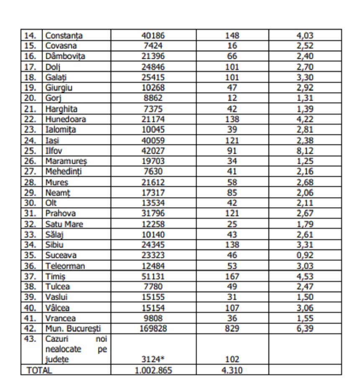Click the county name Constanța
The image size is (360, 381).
tap(64, 36)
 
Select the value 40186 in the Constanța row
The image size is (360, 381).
tap(153, 36)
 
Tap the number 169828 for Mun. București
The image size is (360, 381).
tap(153, 329)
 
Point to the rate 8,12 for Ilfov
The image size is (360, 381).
tap(305, 151)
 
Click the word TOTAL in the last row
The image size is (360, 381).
tap(39, 371)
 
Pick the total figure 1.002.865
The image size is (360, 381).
tap(153, 371)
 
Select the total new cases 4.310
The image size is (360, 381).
tap(232, 371)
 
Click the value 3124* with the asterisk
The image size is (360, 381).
tap(153, 359)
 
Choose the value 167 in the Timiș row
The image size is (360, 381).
tap(232, 276)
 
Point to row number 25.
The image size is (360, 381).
tap(32, 151)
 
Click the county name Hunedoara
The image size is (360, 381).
tap(65, 119)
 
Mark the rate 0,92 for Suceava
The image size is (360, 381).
tap(305, 255)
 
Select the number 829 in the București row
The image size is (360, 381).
tap(232, 329)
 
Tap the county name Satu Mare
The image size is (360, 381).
tap(64, 224)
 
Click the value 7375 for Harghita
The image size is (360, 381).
tap(153, 109)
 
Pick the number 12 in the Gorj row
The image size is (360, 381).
tap(232, 98)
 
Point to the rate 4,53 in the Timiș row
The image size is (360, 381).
tap(305, 276)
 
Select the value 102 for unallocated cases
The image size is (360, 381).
tap(232, 359)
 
